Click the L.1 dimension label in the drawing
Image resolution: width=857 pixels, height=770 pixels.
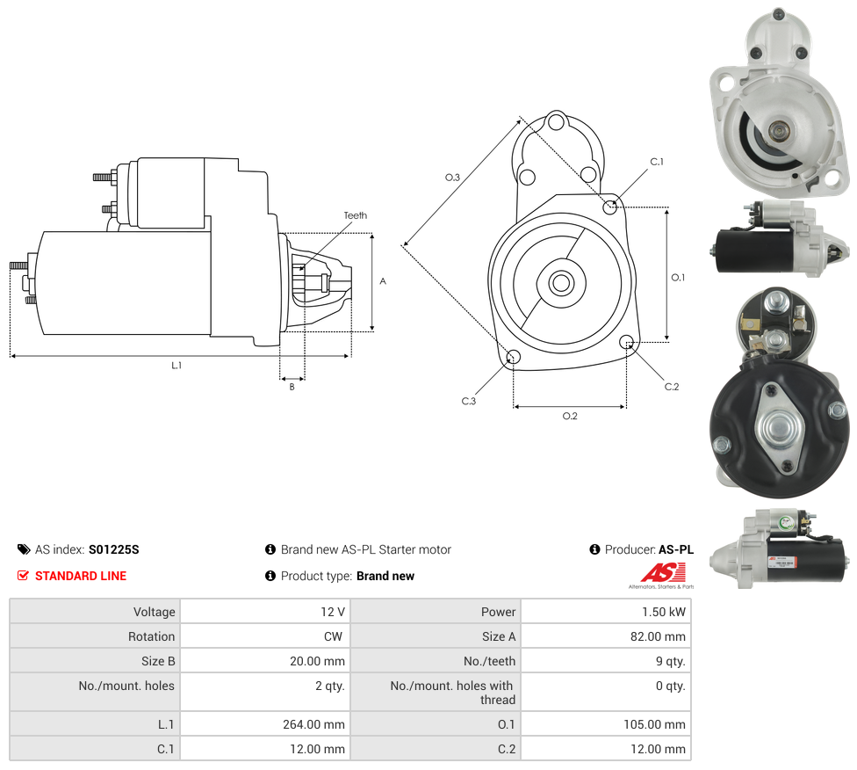pos(176,365)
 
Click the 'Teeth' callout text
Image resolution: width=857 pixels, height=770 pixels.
pos(356,215)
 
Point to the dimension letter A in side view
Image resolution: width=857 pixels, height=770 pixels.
pos(383,281)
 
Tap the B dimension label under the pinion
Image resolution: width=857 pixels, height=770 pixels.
pos(292,387)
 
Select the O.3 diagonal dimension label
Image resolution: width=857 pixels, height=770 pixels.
pos(452,178)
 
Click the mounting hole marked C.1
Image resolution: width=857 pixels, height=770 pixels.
pos(610,207)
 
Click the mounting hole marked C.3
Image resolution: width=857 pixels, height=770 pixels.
pos(515,357)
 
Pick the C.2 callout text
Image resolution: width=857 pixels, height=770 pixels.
pos(672,387)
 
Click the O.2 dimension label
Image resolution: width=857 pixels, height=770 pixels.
pos(570,416)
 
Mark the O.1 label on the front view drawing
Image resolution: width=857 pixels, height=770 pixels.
pos(678,278)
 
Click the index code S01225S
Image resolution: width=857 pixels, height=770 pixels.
pos(114,549)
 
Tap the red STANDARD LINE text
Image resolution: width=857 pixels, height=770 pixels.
pos(81,576)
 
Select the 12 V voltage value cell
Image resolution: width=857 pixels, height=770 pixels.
pos(334,612)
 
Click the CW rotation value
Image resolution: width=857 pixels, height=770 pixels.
pos(335,636)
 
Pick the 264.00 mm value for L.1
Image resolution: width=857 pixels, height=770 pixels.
pos(317,724)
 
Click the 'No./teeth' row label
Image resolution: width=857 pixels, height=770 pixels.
pos(490,661)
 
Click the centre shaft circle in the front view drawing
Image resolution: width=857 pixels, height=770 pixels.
pos(562,283)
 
